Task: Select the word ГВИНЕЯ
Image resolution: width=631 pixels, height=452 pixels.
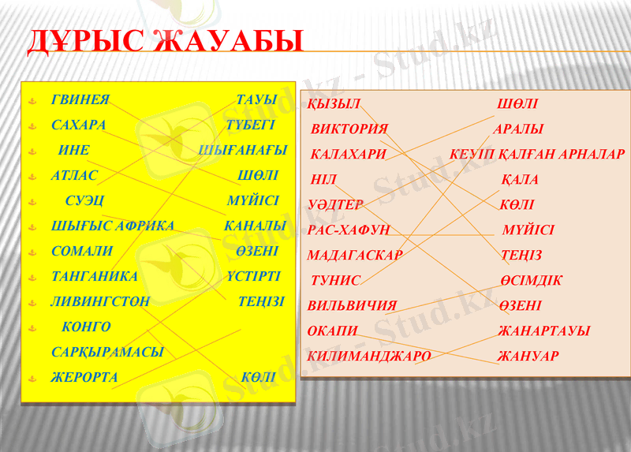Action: tap(80, 100)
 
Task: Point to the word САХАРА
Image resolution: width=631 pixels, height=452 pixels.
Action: tap(79, 125)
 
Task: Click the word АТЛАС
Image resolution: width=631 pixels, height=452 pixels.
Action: tap(75, 176)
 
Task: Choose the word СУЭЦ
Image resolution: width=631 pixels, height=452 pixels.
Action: tap(84, 201)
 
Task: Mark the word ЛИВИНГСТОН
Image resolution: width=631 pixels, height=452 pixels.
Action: tap(101, 302)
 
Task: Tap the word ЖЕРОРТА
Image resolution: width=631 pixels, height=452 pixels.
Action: tap(84, 378)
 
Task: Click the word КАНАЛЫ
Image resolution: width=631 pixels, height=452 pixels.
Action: tap(255, 226)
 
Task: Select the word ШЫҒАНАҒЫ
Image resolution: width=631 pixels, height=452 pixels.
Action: tap(243, 150)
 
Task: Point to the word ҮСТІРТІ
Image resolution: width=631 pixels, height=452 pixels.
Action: tap(253, 277)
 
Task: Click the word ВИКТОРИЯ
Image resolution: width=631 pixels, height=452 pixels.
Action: tap(349, 129)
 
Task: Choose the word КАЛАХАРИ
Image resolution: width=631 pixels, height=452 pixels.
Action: tap(349, 155)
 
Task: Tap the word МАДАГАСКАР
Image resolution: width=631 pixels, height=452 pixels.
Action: tap(355, 256)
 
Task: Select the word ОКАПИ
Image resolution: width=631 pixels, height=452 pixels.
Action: tap(333, 331)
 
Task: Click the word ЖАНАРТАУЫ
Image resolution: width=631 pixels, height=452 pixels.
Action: tap(543, 331)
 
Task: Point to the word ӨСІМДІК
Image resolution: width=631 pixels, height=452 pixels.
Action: tap(530, 281)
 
